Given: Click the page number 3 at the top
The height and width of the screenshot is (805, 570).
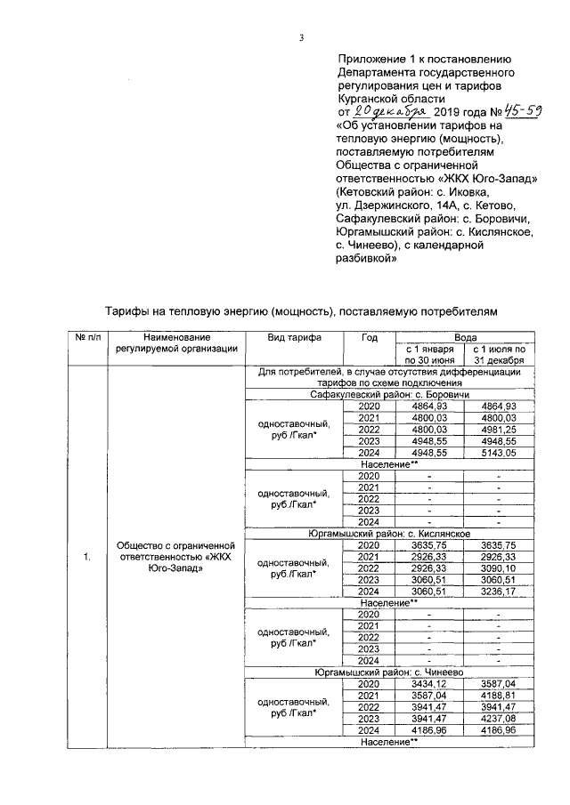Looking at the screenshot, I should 302,37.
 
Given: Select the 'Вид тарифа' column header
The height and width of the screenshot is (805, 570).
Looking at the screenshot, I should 295,338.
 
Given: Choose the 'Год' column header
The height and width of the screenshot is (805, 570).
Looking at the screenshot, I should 369,338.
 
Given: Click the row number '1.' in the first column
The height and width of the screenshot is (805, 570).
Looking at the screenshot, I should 86,557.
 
